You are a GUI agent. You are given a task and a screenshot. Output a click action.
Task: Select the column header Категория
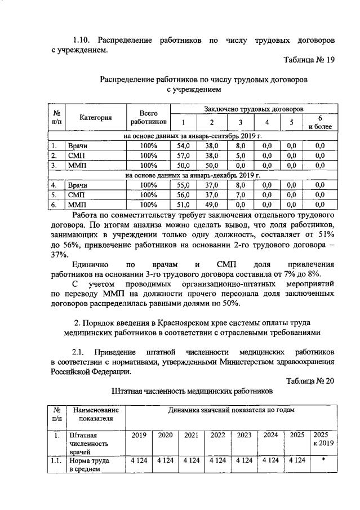click(x=95, y=118)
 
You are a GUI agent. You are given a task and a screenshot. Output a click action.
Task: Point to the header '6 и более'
click(x=319, y=122)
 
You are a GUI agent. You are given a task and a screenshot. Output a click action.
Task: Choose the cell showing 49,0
click(x=212, y=204)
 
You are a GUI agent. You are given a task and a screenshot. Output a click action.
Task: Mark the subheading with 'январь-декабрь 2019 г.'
click(x=192, y=175)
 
